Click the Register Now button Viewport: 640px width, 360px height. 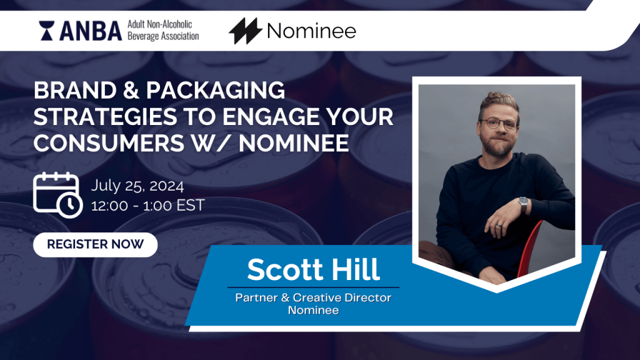95,244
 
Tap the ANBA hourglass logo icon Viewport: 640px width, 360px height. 46,31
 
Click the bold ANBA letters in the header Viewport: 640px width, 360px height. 91,31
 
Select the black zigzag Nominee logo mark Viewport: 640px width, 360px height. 245,31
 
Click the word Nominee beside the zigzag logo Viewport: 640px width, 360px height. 311,31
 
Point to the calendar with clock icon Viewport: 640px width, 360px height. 57,195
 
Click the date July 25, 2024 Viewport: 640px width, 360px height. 137,186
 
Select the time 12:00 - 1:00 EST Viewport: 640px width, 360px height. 147,205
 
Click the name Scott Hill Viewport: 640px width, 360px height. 314,269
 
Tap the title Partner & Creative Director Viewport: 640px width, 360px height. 313,297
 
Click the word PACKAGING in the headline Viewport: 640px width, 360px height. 216,90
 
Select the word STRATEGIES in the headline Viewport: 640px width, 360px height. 105,117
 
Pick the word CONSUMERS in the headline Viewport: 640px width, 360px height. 109,143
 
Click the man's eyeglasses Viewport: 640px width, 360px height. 499,123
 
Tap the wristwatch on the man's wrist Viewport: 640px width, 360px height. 524,203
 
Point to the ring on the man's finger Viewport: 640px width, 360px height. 499,225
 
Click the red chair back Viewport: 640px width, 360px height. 530,247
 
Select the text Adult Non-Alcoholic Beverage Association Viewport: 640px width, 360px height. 163,30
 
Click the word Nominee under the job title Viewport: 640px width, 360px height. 313,310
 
